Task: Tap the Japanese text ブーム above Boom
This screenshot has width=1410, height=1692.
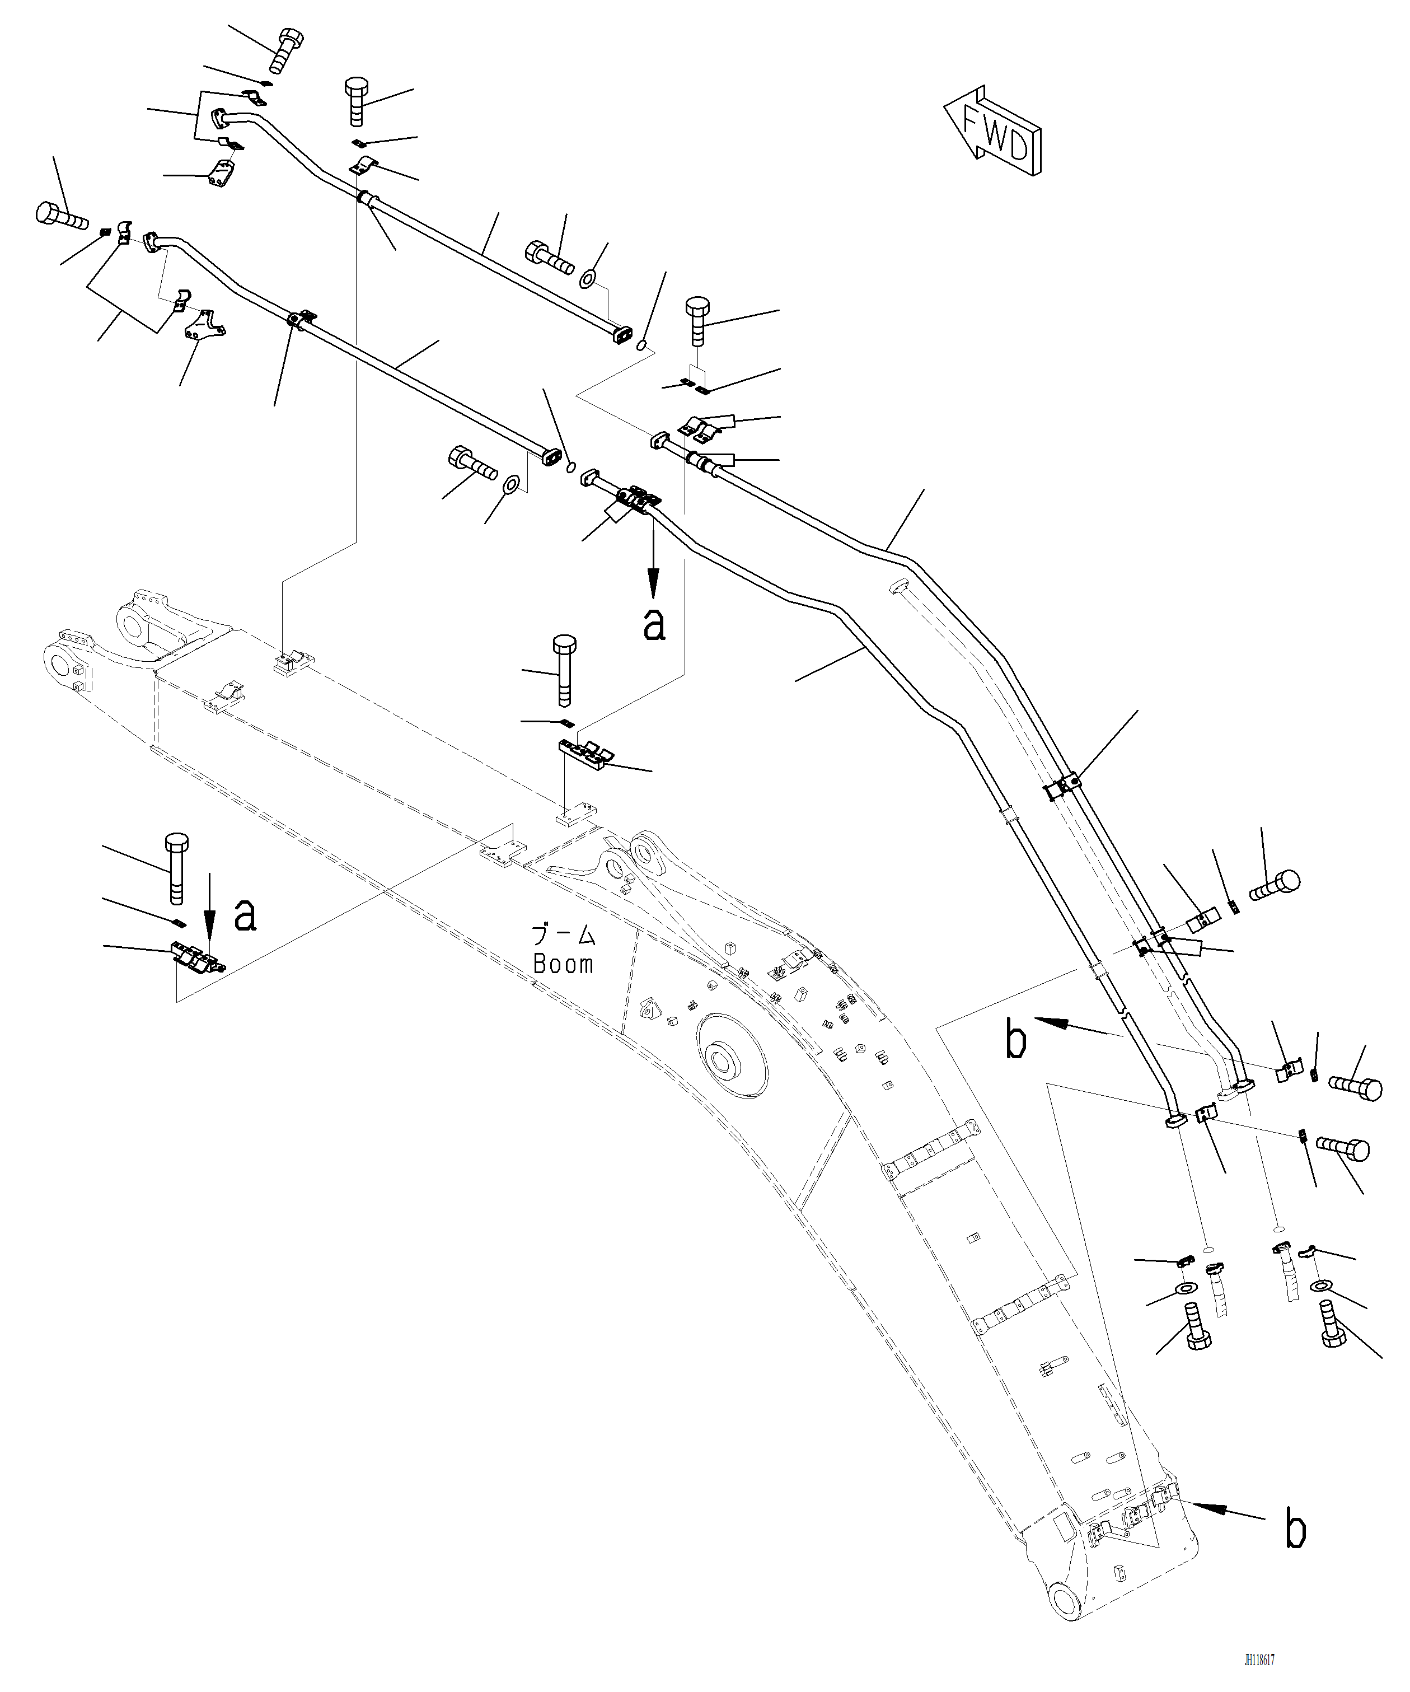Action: (x=563, y=936)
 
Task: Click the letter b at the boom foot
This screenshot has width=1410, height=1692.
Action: (x=1295, y=1531)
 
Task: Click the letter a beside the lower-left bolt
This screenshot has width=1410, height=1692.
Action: (x=245, y=916)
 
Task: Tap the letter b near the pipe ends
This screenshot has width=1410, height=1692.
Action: (x=1016, y=1040)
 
